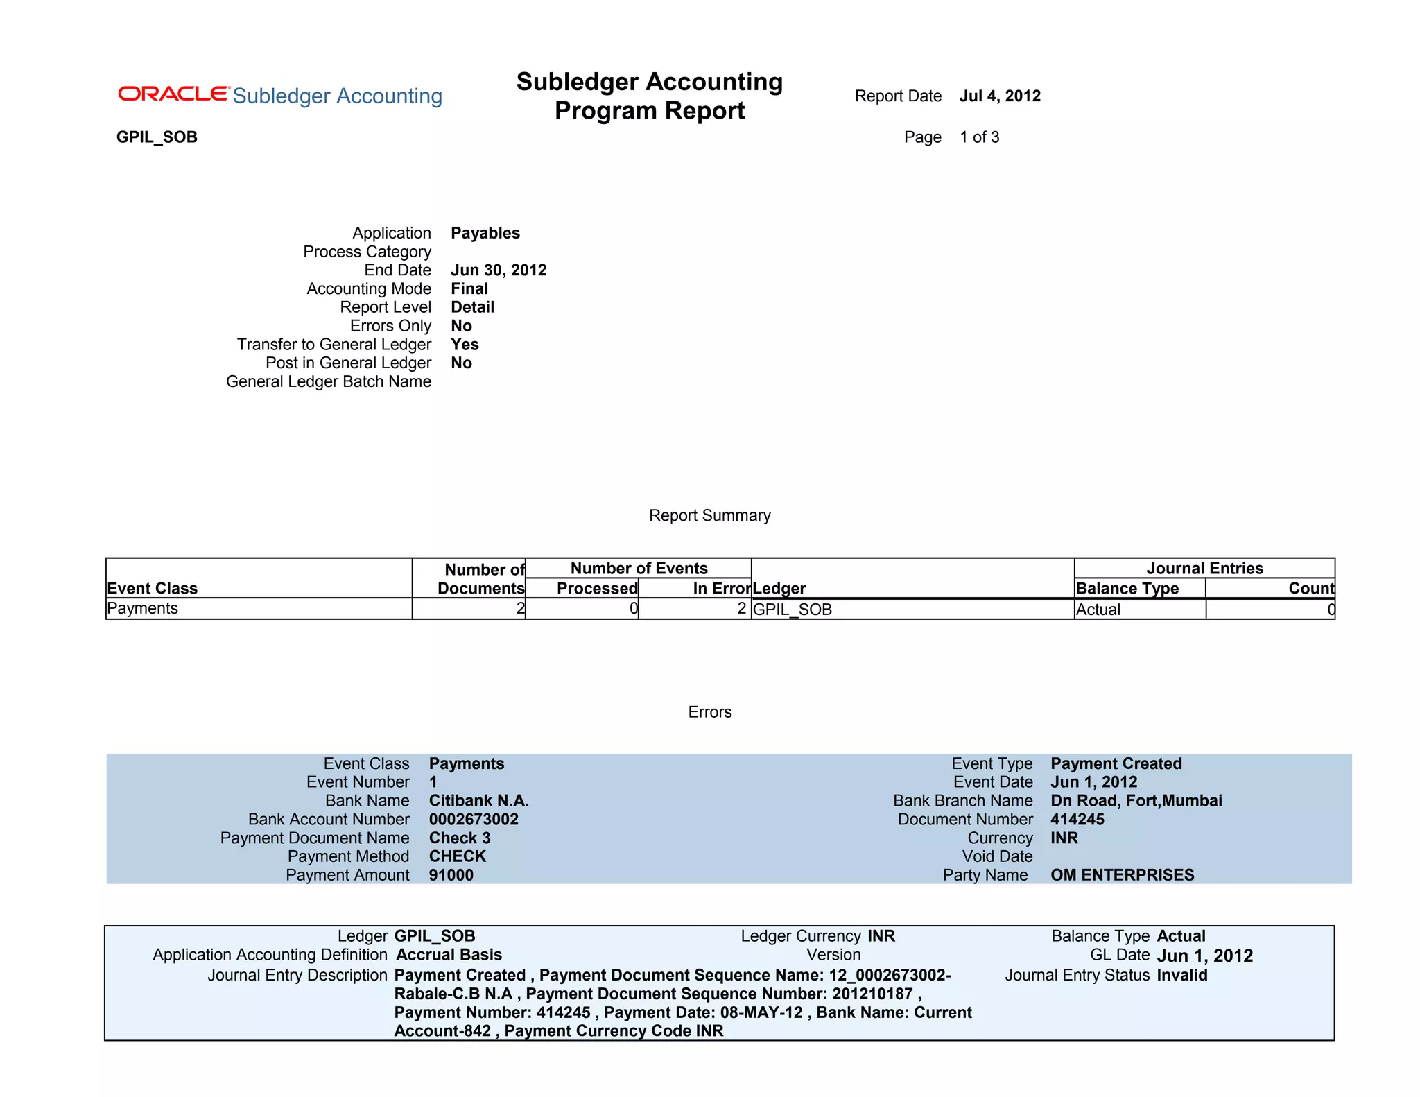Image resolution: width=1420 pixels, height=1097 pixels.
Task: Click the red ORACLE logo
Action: (173, 94)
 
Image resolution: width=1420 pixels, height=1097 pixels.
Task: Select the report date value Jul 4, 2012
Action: (1000, 96)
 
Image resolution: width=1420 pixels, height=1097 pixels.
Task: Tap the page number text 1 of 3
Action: (979, 137)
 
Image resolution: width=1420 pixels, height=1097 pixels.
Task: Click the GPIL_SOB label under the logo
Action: (157, 137)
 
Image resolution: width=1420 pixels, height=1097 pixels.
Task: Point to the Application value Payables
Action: (485, 233)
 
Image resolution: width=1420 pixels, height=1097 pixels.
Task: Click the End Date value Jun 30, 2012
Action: (498, 270)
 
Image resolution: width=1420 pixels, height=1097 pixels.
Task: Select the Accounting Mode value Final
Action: (469, 288)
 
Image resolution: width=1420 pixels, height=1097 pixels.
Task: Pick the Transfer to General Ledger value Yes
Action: (465, 345)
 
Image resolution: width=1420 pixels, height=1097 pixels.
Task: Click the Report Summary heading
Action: (709, 515)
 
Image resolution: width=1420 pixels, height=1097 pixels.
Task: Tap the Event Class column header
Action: (153, 588)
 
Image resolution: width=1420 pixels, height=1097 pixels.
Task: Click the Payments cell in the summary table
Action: (143, 608)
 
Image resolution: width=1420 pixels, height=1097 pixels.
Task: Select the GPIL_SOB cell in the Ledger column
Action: (793, 610)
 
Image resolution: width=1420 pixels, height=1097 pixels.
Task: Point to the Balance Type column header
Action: (1127, 589)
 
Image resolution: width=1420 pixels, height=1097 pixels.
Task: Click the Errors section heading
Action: (709, 712)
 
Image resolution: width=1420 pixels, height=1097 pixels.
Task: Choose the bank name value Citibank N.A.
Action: (478, 801)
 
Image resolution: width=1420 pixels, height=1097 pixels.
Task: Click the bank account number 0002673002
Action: (474, 820)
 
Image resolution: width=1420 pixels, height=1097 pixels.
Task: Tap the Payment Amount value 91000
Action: (451, 875)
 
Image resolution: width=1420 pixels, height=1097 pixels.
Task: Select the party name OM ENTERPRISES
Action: (1122, 875)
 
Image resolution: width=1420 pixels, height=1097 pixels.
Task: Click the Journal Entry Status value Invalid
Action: (1181, 975)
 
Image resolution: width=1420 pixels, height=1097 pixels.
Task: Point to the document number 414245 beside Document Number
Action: (1077, 820)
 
